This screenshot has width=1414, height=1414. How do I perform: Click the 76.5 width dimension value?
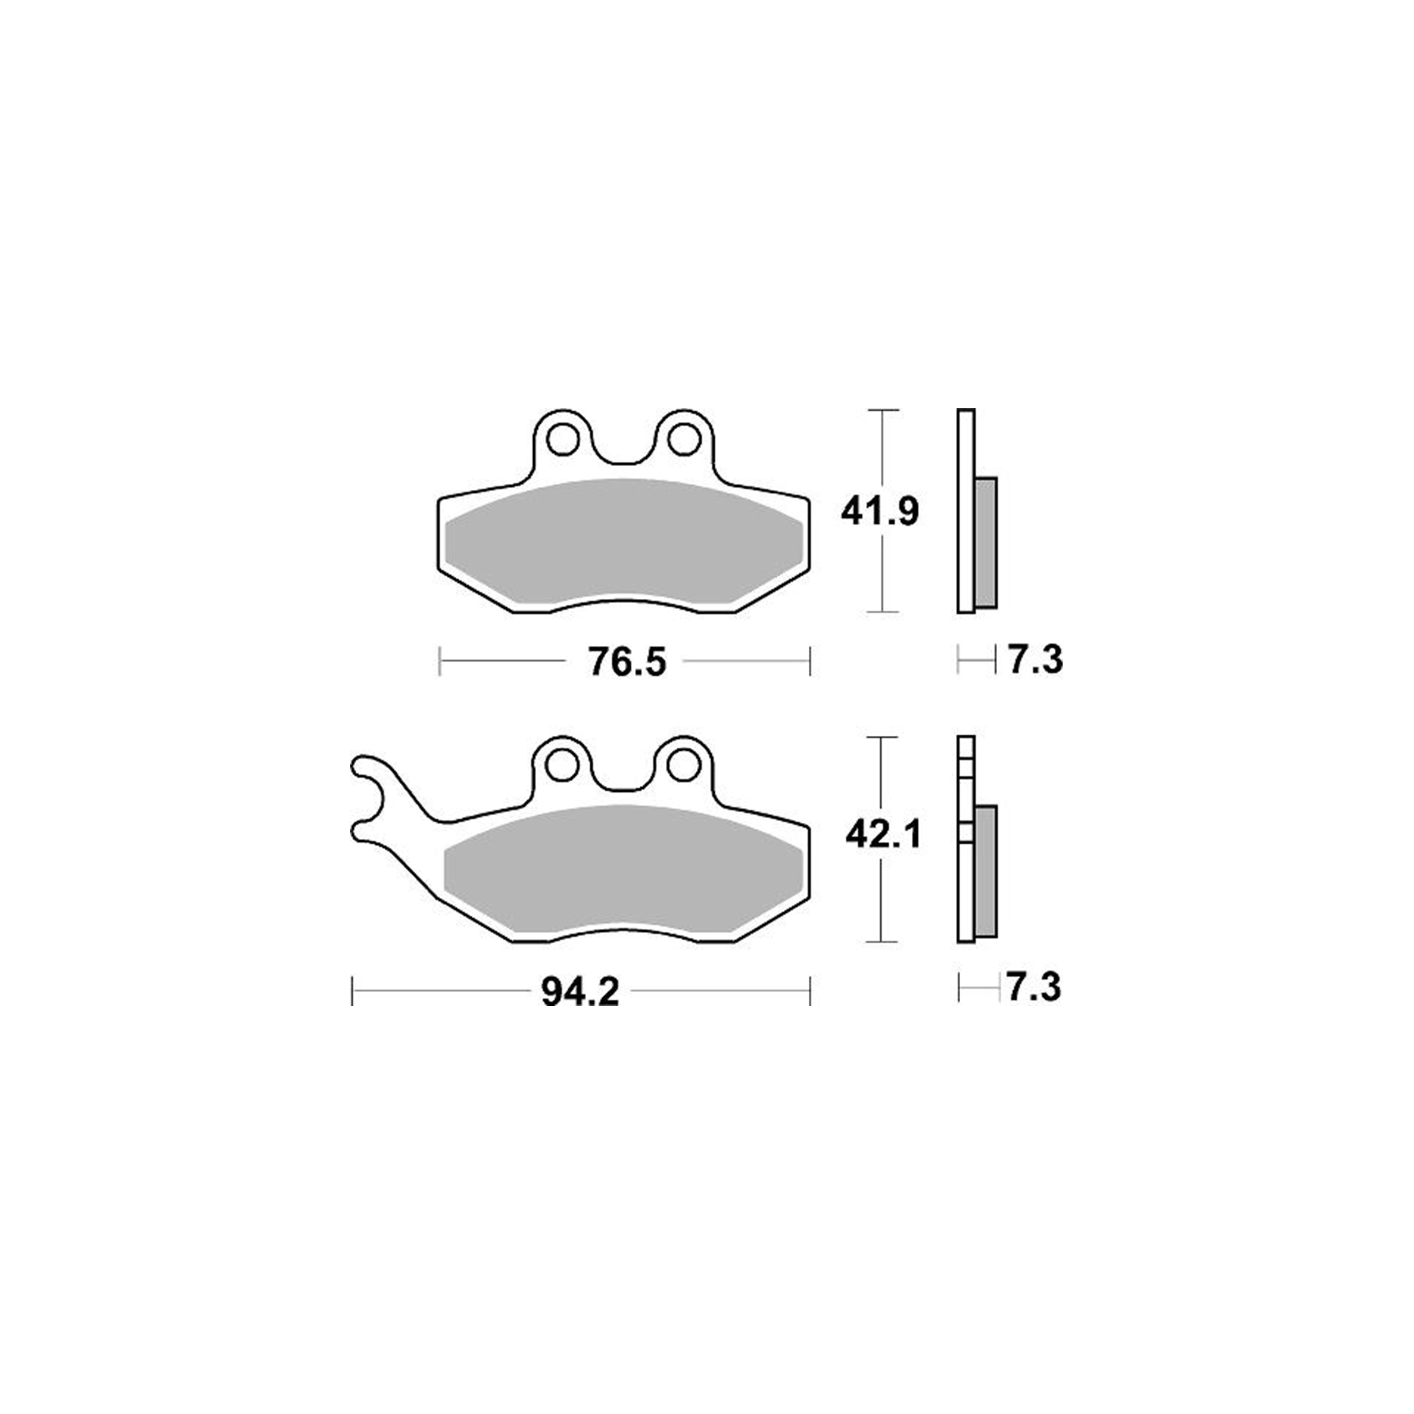click(x=627, y=662)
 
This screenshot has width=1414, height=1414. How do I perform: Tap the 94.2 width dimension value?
click(x=580, y=993)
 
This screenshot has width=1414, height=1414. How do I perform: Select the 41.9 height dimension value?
click(x=879, y=512)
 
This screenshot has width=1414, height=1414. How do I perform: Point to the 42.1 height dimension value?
click(x=882, y=835)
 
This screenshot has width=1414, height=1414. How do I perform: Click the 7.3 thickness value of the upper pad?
click(x=1035, y=661)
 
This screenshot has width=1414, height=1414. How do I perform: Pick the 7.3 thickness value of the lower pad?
click(x=1034, y=989)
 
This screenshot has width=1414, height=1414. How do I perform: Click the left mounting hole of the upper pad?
click(x=561, y=440)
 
